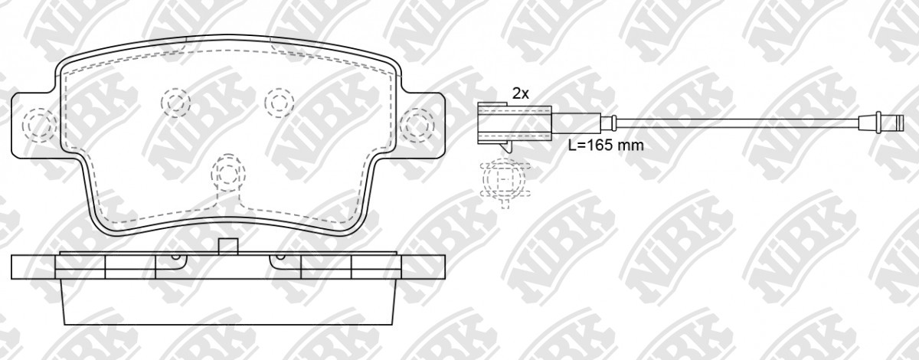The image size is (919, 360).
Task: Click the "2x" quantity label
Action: pyautogui.click(x=521, y=94)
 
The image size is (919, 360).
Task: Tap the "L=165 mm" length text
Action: pyautogui.click(x=606, y=146)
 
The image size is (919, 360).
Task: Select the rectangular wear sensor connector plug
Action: pyautogui.click(x=515, y=124)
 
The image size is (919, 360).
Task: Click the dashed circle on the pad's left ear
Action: pyautogui.click(x=39, y=125)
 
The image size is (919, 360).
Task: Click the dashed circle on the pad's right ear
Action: pyautogui.click(x=417, y=125)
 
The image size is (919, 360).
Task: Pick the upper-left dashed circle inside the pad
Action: pyautogui.click(x=175, y=102)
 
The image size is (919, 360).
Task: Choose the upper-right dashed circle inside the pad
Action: pyautogui.click(x=280, y=102)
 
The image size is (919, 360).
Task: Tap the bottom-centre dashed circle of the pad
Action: pyautogui.click(x=228, y=172)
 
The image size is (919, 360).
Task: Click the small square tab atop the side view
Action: pyautogui.click(x=228, y=247)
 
